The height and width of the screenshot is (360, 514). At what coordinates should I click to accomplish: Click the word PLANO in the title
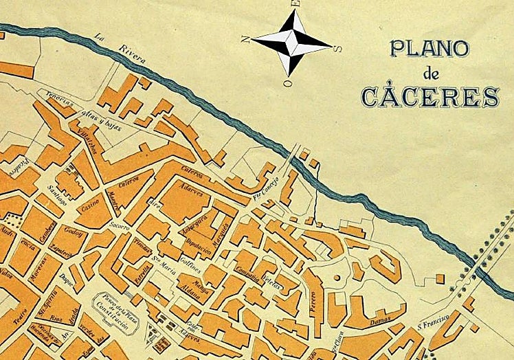pos(429,49)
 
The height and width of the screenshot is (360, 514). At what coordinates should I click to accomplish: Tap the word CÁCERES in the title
pos(430,97)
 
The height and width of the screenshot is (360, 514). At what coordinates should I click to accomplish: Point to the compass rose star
pos(291,42)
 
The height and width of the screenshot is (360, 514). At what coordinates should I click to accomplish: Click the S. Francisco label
pos(432,317)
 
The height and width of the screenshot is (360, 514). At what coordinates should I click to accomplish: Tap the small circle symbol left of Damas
pos(337,278)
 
